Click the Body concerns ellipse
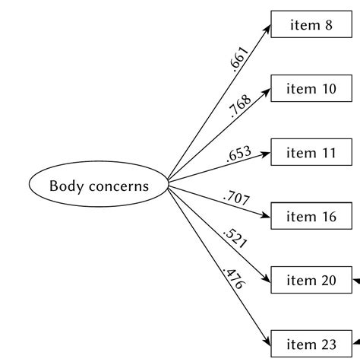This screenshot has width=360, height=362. (x=99, y=185)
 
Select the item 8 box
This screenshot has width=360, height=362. (x=311, y=25)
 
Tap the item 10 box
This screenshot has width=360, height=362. (x=311, y=89)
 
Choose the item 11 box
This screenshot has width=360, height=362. (x=311, y=153)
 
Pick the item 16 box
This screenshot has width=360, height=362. (x=311, y=217)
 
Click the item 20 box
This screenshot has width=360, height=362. (x=311, y=281)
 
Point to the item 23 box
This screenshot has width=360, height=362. (x=311, y=344)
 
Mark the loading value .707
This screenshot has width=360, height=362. (x=235, y=200)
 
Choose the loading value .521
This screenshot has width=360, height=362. (x=235, y=239)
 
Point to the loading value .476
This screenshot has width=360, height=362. (x=231, y=278)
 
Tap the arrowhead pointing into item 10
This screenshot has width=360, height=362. (x=267, y=92)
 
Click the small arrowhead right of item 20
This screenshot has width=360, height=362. (x=357, y=281)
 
